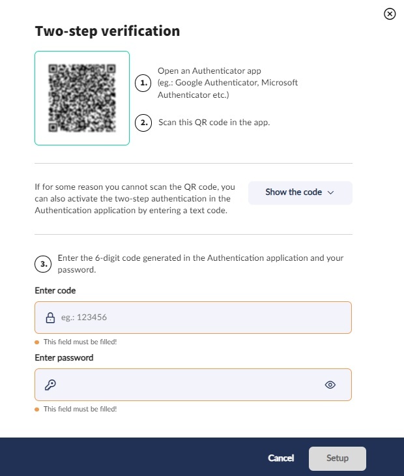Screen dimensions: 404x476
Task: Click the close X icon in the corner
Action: pos(390,14)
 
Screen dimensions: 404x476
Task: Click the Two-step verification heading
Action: pos(108,31)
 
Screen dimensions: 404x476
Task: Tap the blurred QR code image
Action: pos(82,98)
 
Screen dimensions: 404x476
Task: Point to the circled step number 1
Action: pos(143,83)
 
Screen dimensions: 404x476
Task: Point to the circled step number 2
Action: pos(143,123)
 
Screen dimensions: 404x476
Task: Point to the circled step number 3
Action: pos(43,264)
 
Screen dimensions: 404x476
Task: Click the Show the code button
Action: pos(300,192)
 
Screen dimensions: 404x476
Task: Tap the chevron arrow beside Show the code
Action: pos(331,192)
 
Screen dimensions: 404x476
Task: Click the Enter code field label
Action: pos(55,291)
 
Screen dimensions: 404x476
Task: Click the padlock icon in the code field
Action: pos(50,318)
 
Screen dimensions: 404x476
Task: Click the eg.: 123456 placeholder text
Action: pos(84,318)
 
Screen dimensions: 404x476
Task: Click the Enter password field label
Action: pos(64,357)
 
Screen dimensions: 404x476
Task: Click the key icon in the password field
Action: pos(50,385)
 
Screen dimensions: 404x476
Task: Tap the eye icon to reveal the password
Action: pos(330,385)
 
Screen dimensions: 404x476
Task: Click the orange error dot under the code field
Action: pos(37,342)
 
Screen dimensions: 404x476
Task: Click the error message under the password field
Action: pos(80,409)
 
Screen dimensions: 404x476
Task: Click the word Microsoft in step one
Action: pos(280,83)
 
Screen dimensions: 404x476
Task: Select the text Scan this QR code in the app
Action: pos(214,123)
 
